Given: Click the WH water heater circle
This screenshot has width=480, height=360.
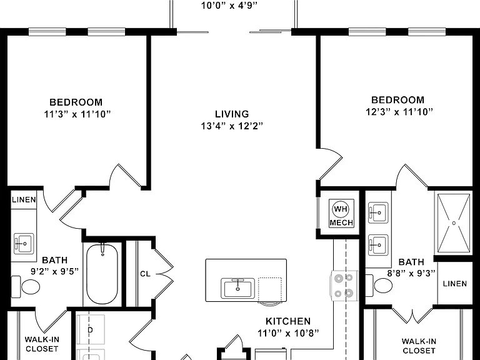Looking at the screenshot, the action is pyautogui.click(x=341, y=209).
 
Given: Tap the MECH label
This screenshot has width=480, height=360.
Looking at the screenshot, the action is pyautogui.click(x=341, y=223).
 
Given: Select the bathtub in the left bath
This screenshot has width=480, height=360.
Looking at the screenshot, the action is pyautogui.click(x=102, y=273).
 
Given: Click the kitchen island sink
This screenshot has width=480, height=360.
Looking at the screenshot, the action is pyautogui.click(x=238, y=288).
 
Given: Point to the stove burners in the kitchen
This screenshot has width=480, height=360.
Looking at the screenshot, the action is pyautogui.click(x=344, y=286).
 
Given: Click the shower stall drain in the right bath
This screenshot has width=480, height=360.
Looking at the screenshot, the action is pyautogui.click(x=454, y=223).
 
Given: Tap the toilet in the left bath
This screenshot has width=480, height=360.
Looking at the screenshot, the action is pyautogui.click(x=26, y=287).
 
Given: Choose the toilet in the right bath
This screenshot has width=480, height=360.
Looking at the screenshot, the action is pyautogui.click(x=379, y=285).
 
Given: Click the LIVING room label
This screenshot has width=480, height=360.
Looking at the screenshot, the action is pyautogui.click(x=232, y=114).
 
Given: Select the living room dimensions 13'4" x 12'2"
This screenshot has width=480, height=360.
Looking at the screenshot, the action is pyautogui.click(x=232, y=126).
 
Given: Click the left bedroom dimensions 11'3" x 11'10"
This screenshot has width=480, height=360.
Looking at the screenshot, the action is pyautogui.click(x=77, y=114).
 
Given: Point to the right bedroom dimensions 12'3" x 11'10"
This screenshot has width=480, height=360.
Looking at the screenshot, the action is pyautogui.click(x=399, y=112).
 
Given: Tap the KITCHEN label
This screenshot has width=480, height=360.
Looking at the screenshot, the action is pyautogui.click(x=288, y=321).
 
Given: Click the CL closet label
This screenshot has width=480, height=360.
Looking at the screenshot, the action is pyautogui.click(x=145, y=274).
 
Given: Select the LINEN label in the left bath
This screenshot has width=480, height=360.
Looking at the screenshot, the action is pyautogui.click(x=24, y=200).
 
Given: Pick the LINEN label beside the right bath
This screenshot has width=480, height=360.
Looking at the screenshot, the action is pyautogui.click(x=455, y=284).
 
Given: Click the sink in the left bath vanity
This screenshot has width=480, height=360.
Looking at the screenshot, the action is pyautogui.click(x=24, y=243).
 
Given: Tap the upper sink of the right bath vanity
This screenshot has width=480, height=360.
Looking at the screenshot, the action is pyautogui.click(x=378, y=212).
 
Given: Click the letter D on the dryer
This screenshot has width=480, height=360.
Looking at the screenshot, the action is pyautogui.click(x=90, y=330).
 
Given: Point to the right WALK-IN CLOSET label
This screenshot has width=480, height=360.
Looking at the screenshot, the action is pyautogui.click(x=419, y=346).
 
